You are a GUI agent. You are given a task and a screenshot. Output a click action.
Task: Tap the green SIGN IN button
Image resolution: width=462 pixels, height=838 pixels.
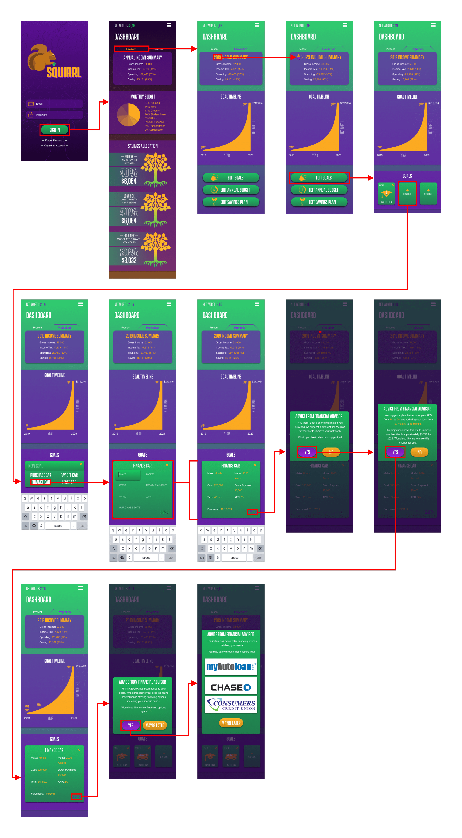click(54, 130)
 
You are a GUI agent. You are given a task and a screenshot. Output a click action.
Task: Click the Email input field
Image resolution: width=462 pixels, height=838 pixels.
click(55, 104)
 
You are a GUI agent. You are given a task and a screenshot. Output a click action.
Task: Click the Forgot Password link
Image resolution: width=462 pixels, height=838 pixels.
click(55, 140)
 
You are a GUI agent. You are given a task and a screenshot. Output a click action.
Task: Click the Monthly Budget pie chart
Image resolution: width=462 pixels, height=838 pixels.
click(128, 115)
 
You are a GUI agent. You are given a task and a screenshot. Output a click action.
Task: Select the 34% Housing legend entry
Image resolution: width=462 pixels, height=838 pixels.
click(152, 103)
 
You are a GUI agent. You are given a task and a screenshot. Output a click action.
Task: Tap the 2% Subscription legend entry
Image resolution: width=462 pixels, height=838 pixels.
click(154, 130)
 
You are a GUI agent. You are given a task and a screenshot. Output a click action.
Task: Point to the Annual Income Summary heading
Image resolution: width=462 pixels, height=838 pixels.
click(142, 58)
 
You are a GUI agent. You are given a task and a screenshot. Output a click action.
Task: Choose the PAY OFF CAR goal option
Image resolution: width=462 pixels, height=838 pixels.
click(69, 475)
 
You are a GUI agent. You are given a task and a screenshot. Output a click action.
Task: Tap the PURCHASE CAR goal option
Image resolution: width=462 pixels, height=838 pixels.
click(41, 475)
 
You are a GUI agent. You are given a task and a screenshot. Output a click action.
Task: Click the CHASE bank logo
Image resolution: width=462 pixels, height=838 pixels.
click(231, 687)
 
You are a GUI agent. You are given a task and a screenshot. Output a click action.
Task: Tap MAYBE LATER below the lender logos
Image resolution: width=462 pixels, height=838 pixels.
click(231, 723)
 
